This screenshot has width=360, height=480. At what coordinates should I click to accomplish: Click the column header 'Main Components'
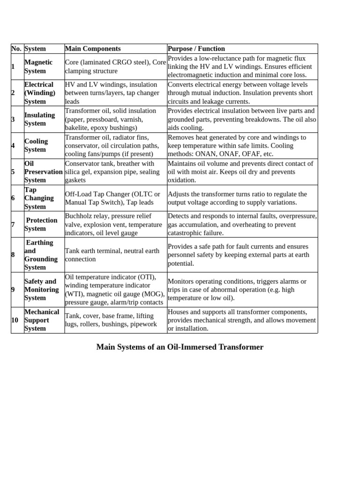(x=93, y=49)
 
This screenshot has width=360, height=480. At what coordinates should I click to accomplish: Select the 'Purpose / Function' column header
(x=196, y=49)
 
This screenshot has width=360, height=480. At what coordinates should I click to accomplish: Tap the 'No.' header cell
(x=16, y=49)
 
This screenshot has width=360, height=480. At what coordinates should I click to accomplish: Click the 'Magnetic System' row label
(x=39, y=67)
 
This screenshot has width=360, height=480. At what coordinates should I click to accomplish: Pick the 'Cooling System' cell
(x=37, y=145)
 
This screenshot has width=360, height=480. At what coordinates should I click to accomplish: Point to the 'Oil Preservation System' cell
(x=44, y=172)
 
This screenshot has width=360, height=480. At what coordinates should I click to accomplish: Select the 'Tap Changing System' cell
(x=39, y=198)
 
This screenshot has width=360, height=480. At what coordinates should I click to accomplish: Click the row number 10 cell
(x=15, y=320)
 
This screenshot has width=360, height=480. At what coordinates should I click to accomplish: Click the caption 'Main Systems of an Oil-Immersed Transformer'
(x=180, y=347)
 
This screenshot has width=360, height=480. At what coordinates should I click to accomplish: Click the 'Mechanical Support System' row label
(x=42, y=320)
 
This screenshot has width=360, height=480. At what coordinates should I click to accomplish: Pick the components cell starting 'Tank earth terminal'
(x=112, y=255)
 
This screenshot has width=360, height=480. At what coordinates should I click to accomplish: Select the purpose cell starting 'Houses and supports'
(x=241, y=320)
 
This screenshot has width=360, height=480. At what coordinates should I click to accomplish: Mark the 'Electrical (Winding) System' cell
(x=40, y=93)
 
